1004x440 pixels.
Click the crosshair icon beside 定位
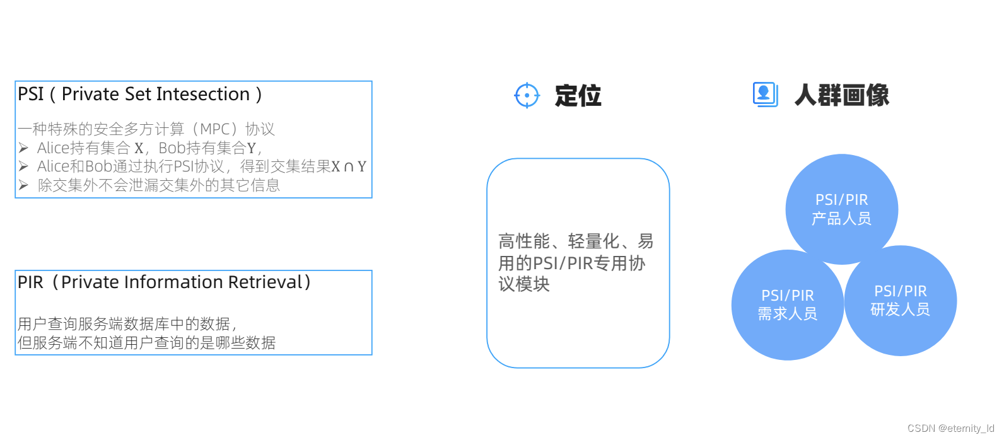(x=527, y=96)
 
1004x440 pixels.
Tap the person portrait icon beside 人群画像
(x=764, y=95)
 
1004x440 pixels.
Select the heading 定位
(x=578, y=96)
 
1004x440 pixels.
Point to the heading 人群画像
(x=841, y=96)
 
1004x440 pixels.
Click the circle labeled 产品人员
(x=841, y=209)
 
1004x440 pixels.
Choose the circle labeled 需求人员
(x=787, y=304)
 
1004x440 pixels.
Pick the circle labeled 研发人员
(x=900, y=300)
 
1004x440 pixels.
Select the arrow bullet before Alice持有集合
(x=23, y=148)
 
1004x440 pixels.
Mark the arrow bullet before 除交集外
(x=23, y=185)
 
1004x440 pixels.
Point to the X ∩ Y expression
(x=349, y=166)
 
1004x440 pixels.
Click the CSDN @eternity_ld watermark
(x=950, y=428)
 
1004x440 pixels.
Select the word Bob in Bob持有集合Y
(x=172, y=148)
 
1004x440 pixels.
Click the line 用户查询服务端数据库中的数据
(x=126, y=324)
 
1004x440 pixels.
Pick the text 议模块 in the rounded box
(x=523, y=284)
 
